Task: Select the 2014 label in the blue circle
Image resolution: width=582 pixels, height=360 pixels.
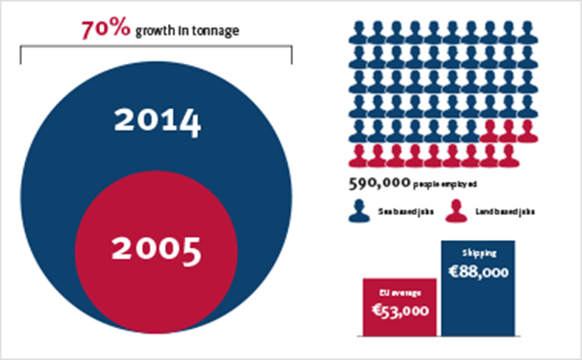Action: (x=157, y=121)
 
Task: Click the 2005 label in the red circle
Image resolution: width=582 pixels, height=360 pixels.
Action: (x=156, y=250)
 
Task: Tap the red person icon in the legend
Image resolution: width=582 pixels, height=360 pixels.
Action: (x=457, y=211)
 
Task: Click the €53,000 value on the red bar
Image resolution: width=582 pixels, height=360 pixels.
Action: (x=401, y=311)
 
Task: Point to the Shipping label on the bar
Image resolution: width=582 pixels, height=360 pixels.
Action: (x=478, y=253)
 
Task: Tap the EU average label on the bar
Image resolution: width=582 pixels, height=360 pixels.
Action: (x=401, y=293)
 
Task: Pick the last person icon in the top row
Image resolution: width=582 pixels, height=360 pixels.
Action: (x=526, y=32)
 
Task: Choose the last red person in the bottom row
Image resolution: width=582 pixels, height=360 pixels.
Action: (x=508, y=155)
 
